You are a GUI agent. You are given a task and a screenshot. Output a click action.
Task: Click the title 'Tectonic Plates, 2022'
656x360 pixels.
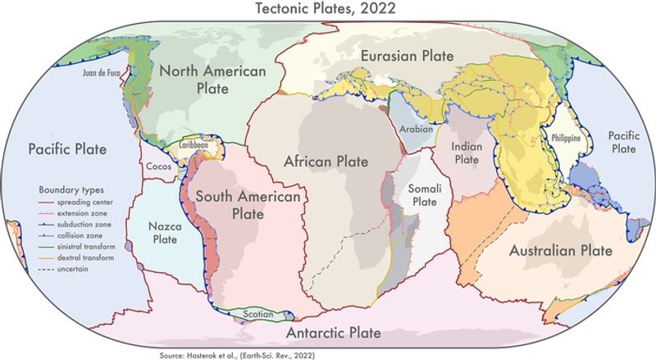(x=328, y=9)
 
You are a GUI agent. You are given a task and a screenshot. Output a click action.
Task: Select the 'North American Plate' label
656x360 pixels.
(x=212, y=81)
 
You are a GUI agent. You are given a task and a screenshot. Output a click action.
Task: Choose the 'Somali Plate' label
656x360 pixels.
(x=425, y=194)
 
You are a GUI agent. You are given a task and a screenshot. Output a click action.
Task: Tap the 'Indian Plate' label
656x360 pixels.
(x=466, y=153)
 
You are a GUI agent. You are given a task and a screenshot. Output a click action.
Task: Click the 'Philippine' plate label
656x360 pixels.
(x=567, y=139)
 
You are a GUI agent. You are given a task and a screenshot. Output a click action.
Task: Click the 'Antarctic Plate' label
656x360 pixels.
(x=333, y=333)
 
